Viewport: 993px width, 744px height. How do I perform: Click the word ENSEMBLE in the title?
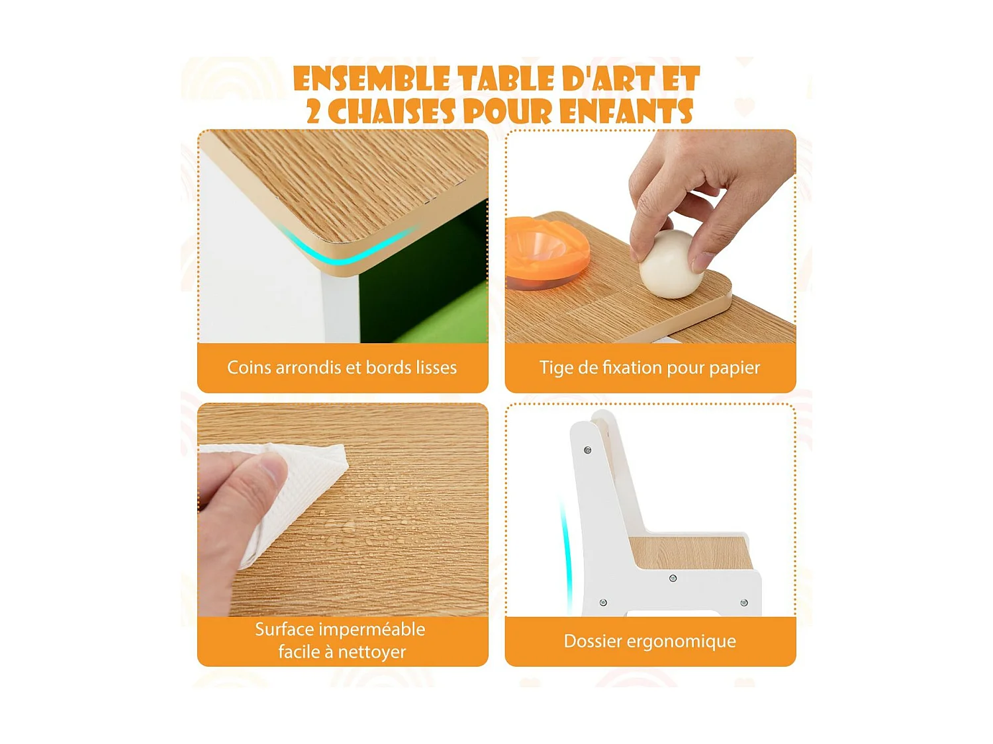(x=371, y=79)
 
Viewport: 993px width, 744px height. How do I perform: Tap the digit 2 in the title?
(x=313, y=112)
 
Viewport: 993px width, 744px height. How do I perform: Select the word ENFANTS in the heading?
(x=626, y=112)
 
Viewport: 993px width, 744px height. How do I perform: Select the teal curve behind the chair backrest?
(x=566, y=556)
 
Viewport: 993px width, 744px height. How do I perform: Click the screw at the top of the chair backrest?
(x=587, y=450)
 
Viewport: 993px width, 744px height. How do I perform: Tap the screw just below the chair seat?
(x=673, y=579)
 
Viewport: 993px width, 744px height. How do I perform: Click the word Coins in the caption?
(x=249, y=368)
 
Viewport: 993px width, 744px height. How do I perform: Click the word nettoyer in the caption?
(x=371, y=652)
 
